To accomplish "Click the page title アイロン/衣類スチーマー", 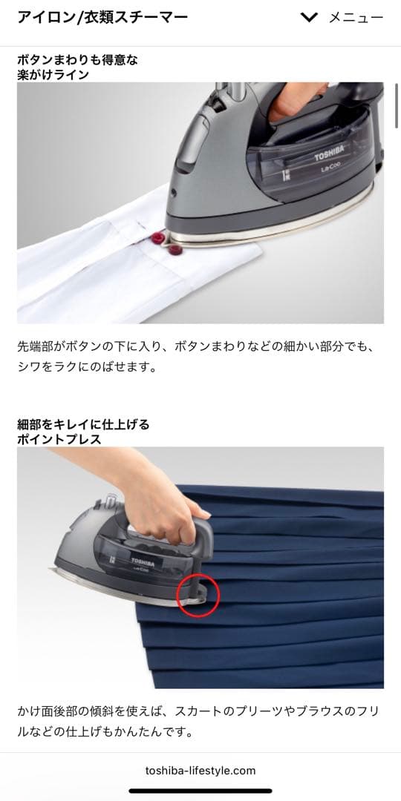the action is tap(102, 17).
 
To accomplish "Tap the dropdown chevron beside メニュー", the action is tap(309, 18).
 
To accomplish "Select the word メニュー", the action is tap(356, 18).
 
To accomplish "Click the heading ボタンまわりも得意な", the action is tap(77, 60).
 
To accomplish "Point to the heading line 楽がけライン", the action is tap(53, 75).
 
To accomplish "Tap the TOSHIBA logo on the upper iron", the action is tap(328, 153).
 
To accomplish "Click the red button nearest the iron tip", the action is tap(159, 238).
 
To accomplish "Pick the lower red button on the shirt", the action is tap(175, 250).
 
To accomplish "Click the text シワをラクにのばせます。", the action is tap(86, 367).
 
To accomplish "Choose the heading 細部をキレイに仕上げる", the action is tap(83, 424).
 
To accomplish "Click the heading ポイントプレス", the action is tap(59, 439).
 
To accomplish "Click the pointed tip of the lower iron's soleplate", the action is tap(50, 569).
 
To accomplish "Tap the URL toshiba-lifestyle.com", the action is tap(200, 771).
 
